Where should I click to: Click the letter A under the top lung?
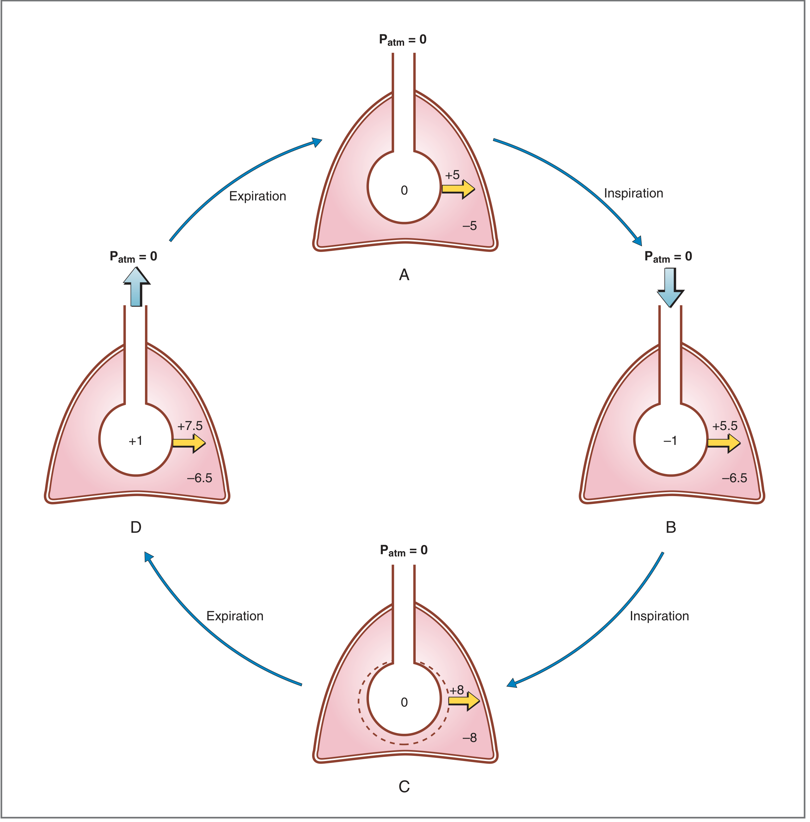[x=404, y=275]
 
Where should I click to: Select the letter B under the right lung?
[x=671, y=528]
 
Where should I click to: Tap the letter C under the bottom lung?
[x=404, y=787]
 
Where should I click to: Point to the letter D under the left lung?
[x=136, y=528]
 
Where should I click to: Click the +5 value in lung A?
[x=452, y=175]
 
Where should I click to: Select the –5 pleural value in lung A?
[x=470, y=226]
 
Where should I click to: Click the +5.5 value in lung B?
[x=725, y=426]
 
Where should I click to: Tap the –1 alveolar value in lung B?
[x=670, y=441]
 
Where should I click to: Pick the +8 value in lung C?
[x=457, y=690]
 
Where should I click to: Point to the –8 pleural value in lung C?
[x=470, y=738]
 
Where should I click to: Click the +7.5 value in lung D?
[x=190, y=426]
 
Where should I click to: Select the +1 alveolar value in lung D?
[x=135, y=441]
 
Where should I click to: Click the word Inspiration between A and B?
[x=633, y=193]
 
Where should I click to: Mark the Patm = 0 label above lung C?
[x=404, y=551]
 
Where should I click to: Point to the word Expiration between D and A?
[x=257, y=197]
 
